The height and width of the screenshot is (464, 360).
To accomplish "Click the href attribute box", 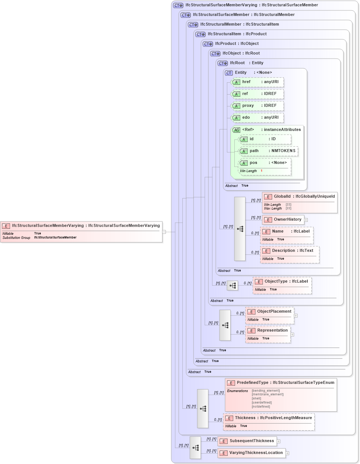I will tap(257, 82).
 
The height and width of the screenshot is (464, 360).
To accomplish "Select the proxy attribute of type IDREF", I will tap(257, 106).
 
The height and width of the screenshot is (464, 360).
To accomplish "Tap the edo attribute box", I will tap(257, 118).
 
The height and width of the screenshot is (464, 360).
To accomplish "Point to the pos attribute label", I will tap(253, 163).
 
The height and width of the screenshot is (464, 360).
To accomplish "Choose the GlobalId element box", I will tap(300, 197).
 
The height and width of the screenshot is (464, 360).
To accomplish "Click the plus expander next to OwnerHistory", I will tap(306, 220).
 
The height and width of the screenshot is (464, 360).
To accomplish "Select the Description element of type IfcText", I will tap(290, 251).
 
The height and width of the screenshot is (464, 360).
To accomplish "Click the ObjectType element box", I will tap(282, 282).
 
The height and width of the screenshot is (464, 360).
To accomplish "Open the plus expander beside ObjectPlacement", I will tap(296, 316).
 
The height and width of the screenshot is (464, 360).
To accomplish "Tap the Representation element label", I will tap(272, 330).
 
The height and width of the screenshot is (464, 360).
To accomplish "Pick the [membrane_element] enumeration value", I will tap(267, 394).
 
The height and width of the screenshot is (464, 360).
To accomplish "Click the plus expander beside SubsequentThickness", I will tap(279, 441).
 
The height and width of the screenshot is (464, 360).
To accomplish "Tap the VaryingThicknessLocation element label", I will tap(256, 453).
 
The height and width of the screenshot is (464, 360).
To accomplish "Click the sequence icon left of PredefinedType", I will tap(203, 409).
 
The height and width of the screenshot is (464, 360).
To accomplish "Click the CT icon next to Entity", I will tap(229, 73).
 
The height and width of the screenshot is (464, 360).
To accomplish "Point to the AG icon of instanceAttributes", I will tap(236, 130).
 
